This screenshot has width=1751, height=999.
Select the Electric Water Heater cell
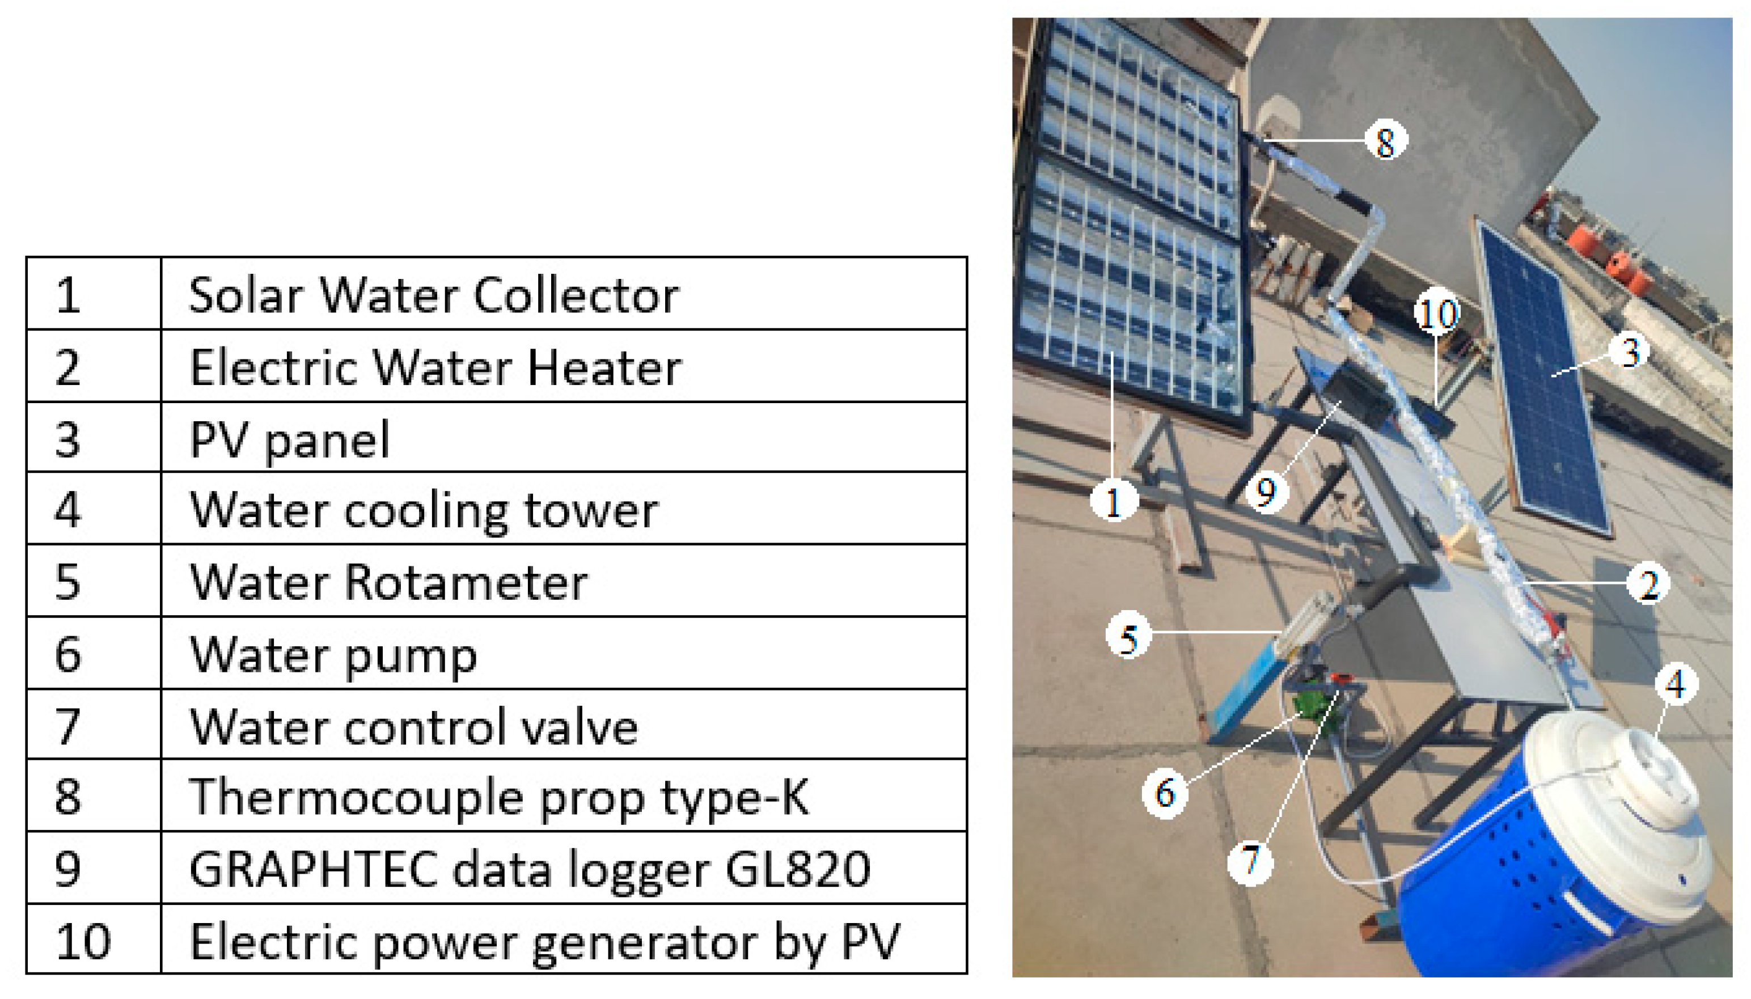coord(435,368)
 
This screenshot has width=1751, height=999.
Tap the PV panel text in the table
coord(289,440)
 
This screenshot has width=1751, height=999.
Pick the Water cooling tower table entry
coord(424,511)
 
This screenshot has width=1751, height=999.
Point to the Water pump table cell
coord(333,656)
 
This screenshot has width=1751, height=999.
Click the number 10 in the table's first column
coord(83,941)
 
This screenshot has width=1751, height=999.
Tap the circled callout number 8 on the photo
coord(1385,141)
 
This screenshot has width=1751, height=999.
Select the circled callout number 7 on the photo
coord(1250,861)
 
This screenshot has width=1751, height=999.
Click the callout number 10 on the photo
coord(1437,313)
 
